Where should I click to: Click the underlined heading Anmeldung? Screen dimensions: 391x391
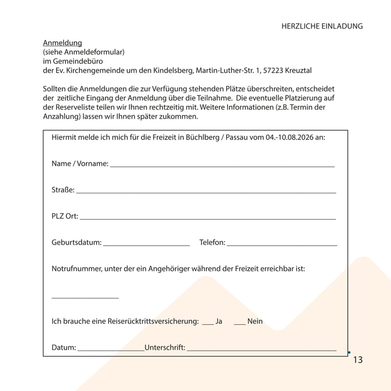(x=62, y=43)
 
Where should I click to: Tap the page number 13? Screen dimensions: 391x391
(x=358, y=360)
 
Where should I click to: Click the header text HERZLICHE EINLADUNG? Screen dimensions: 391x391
(x=322, y=26)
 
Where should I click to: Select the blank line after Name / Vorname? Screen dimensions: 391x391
(x=222, y=166)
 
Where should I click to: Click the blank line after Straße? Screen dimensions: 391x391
(x=206, y=193)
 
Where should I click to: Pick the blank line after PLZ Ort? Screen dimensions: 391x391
(x=208, y=219)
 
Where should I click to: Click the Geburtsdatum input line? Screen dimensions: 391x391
(x=146, y=245)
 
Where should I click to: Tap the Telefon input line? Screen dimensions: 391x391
(x=282, y=245)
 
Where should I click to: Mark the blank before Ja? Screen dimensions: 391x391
(x=208, y=324)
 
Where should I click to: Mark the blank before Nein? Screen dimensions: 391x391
(x=240, y=324)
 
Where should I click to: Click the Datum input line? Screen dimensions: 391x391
(x=111, y=351)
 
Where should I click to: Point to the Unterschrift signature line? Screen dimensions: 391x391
(x=262, y=351)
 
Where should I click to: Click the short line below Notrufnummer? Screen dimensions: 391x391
(x=85, y=297)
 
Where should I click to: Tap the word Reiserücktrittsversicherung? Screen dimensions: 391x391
(x=153, y=321)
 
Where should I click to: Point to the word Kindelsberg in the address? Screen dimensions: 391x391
(x=171, y=70)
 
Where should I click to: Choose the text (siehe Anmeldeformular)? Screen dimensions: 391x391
(x=84, y=52)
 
